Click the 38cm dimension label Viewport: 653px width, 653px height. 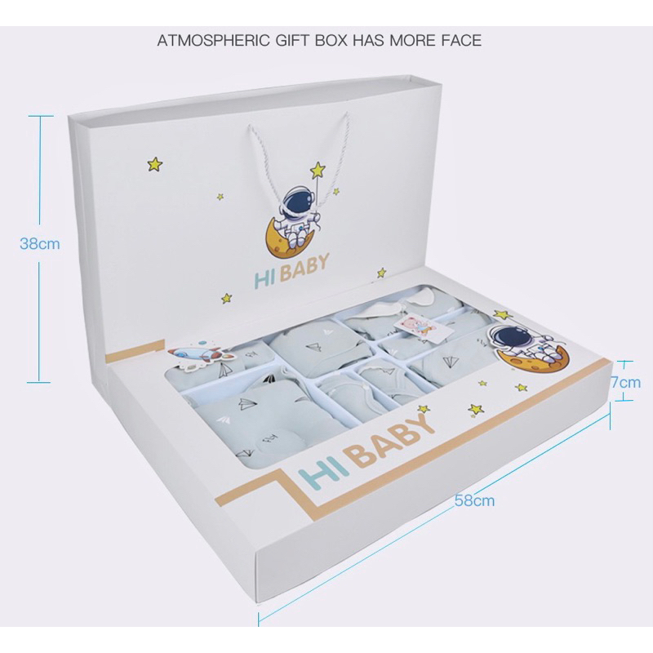click(40, 243)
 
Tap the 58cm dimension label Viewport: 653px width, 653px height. click(474, 500)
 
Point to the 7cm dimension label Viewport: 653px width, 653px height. click(626, 382)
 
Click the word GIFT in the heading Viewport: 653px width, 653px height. click(292, 40)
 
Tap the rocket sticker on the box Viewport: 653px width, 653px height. click(200, 355)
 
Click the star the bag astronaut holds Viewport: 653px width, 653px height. click(318, 170)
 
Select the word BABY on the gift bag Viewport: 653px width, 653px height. click(304, 267)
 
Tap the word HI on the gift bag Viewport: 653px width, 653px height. click(264, 280)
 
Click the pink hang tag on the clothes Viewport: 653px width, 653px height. click(420, 326)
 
